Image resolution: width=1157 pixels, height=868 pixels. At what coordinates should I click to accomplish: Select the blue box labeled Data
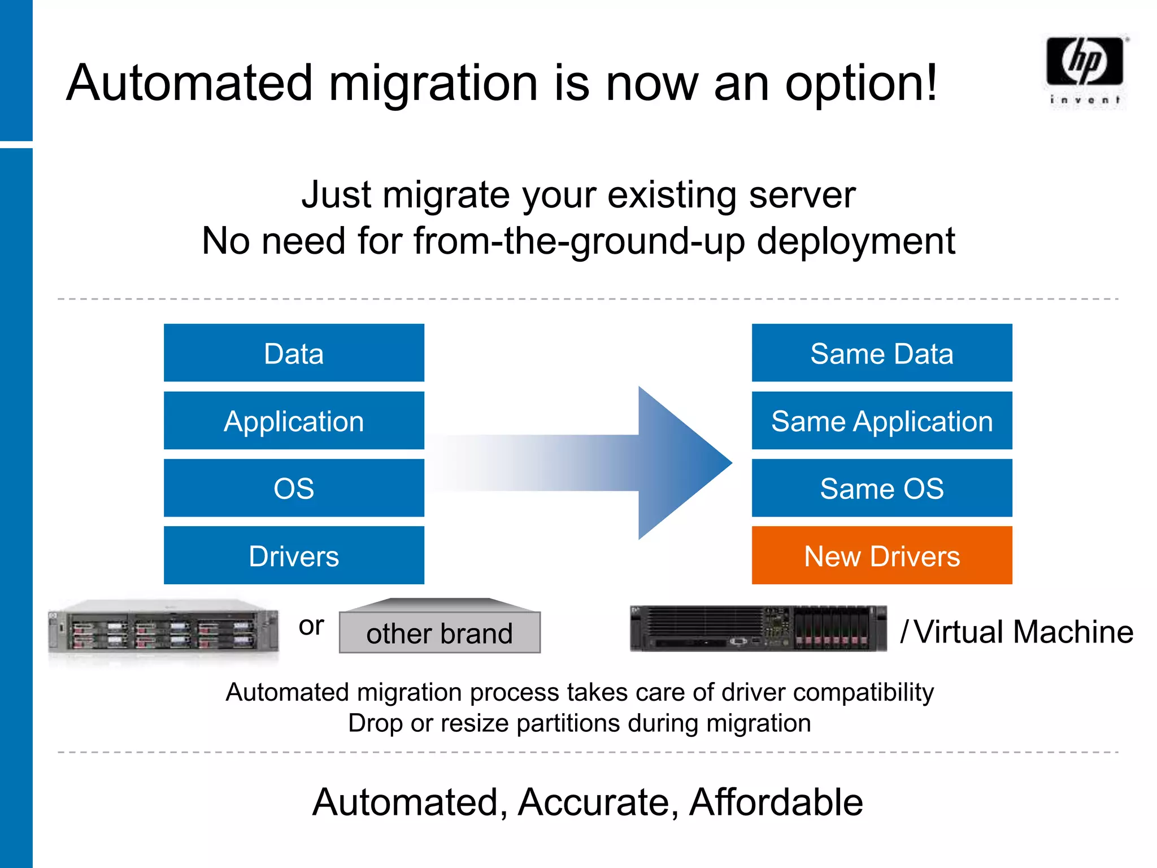coord(294,353)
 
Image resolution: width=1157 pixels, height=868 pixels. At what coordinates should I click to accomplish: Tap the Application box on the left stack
coord(294,421)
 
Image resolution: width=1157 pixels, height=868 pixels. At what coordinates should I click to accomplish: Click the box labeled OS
coord(294,488)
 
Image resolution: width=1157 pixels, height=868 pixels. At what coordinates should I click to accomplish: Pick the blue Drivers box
coord(294,555)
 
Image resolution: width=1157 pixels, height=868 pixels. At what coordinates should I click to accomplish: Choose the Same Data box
coord(881,353)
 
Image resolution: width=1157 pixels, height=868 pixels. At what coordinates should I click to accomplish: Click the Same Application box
coord(881,421)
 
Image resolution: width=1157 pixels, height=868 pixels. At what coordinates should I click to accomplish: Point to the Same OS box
coord(881,488)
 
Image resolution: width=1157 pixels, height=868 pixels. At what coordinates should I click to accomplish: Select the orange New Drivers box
coord(881,555)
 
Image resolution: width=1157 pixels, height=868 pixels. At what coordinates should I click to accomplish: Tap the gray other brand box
coord(440,632)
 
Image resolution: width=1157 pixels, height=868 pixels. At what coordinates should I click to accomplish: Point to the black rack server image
coord(758,628)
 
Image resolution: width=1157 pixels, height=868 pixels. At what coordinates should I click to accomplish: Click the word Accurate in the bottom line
coord(598,802)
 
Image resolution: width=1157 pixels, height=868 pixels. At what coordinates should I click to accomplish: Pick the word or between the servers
coord(311,626)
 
